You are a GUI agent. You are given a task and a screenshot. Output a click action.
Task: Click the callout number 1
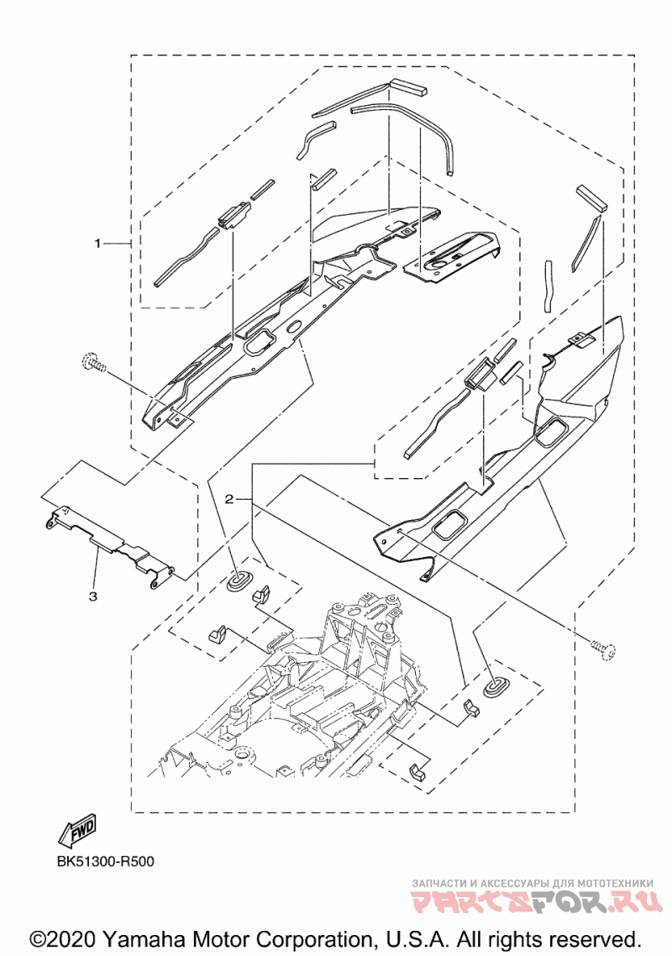point(97,243)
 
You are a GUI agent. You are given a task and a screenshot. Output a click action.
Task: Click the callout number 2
point(228,498)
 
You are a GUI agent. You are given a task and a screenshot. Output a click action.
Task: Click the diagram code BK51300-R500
point(105,861)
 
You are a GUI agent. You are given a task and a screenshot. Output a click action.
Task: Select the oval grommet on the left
point(242,578)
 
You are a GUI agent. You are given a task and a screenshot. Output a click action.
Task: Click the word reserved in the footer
point(594,938)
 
